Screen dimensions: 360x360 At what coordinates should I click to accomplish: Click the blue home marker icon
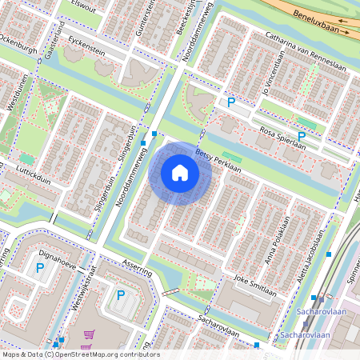(180, 172)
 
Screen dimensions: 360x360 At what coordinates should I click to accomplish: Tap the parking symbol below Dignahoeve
(38, 269)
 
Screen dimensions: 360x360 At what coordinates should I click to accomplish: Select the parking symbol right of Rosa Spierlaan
(302, 138)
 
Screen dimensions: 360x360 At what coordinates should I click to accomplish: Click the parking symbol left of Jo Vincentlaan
(231, 102)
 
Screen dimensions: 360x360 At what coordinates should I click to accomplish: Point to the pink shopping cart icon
(89, 334)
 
